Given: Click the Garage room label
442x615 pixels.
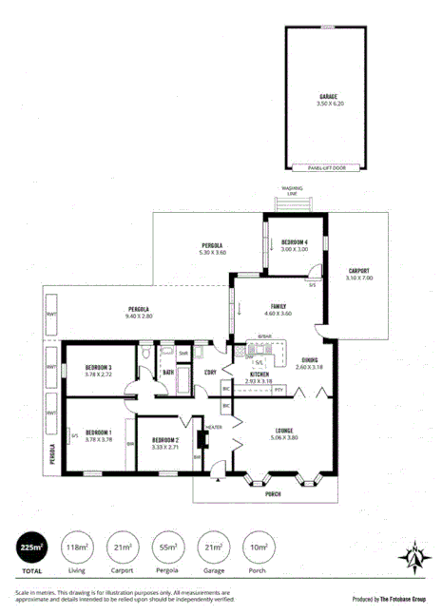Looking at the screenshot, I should pyautogui.click(x=327, y=98).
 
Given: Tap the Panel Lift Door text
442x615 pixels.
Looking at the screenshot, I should pyautogui.click(x=327, y=167).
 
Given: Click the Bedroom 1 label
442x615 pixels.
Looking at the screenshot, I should pyautogui.click(x=99, y=435).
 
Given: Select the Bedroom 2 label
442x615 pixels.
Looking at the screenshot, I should pyautogui.click(x=165, y=442).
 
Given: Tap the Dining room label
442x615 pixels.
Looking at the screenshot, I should pyautogui.click(x=310, y=362).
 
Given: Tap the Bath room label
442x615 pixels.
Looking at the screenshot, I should pyautogui.click(x=167, y=373).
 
